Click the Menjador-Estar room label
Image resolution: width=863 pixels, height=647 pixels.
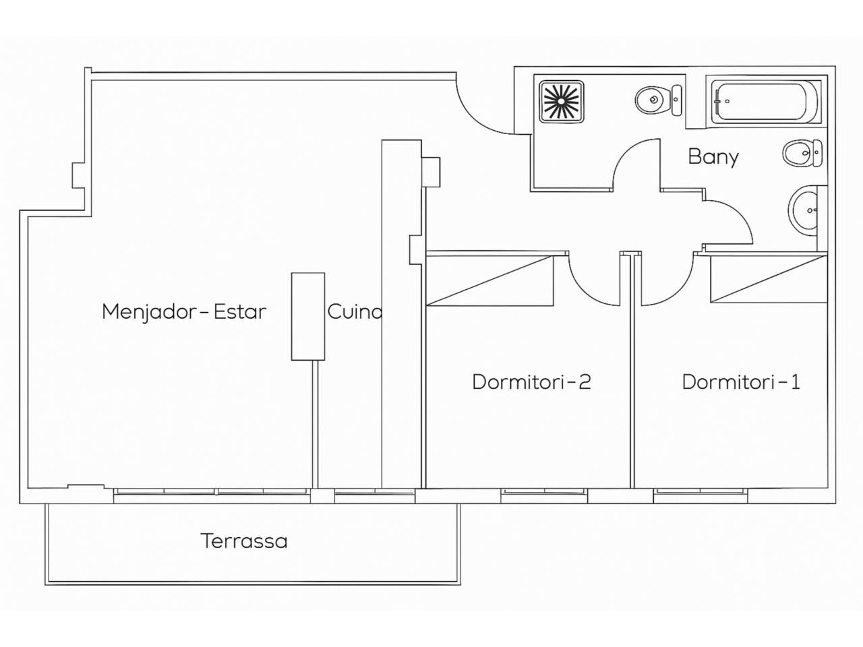coord(184,312)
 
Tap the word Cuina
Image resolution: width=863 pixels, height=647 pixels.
coord(355,312)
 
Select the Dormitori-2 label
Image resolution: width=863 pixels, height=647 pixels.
coord(531,381)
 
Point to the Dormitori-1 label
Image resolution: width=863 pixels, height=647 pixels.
coord(741,381)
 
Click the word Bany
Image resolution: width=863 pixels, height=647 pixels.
coord(713,157)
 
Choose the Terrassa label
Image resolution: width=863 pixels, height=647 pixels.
coord(244,541)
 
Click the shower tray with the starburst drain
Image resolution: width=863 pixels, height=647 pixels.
coord(562,102)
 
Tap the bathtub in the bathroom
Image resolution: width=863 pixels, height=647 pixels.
coord(766,102)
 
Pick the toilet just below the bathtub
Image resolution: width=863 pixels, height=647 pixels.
coord(802,153)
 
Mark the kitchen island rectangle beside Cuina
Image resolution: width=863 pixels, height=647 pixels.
coord(308,316)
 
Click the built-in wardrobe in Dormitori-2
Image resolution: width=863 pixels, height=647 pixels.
coord(490,280)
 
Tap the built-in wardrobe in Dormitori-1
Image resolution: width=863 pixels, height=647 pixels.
coord(768,279)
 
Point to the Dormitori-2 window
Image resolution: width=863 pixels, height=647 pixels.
coord(544,495)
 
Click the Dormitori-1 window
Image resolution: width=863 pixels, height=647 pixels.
coord(701,495)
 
